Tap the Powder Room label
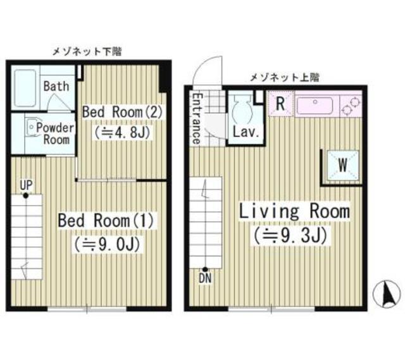[x=54, y=133]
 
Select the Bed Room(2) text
[x=123, y=111]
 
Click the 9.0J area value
[x=107, y=244]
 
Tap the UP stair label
[x=25, y=184]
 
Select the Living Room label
[x=293, y=211]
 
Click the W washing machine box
[x=341, y=165]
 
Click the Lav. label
[x=243, y=133]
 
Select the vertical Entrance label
[x=197, y=118]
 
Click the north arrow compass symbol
[x=388, y=294]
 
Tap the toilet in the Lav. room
[x=240, y=111]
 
